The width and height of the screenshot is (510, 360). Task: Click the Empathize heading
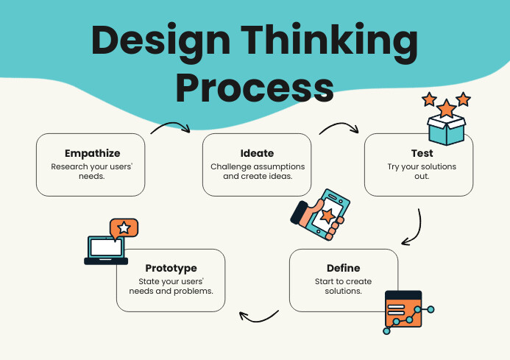[x=91, y=154]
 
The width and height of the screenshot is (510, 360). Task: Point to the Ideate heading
[x=256, y=154]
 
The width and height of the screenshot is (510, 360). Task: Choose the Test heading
[x=422, y=154]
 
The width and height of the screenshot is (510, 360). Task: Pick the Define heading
[x=343, y=269]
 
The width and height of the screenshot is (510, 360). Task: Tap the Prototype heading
[x=171, y=269]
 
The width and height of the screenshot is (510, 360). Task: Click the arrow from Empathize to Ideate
[x=171, y=127]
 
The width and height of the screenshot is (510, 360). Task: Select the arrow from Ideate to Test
[x=339, y=127]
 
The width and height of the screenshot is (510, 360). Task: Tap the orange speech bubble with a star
[x=124, y=228]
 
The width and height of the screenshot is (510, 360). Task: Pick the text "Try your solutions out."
[x=422, y=172]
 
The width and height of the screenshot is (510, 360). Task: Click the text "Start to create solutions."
[x=343, y=286]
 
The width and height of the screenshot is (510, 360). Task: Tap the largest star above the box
[x=446, y=109]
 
